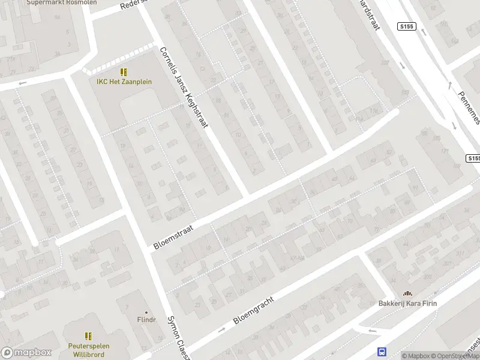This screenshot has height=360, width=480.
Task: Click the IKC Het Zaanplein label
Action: click(124, 82)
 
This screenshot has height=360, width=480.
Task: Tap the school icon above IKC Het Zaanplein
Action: click(124, 72)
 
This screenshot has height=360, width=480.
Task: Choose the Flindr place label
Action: click(145, 320)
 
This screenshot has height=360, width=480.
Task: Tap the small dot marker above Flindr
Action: click(145, 312)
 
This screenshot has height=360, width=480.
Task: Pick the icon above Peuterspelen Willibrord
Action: click(88, 336)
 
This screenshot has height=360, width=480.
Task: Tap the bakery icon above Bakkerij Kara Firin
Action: click(407, 293)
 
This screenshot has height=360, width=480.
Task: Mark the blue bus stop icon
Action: click(381, 352)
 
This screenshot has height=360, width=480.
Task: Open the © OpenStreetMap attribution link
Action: click(455, 356)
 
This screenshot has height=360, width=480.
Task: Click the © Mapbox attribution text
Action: click(416, 356)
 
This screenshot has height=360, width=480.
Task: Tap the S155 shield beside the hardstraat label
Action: click(406, 26)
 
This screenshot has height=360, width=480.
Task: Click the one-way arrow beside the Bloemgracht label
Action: click(221, 329)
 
